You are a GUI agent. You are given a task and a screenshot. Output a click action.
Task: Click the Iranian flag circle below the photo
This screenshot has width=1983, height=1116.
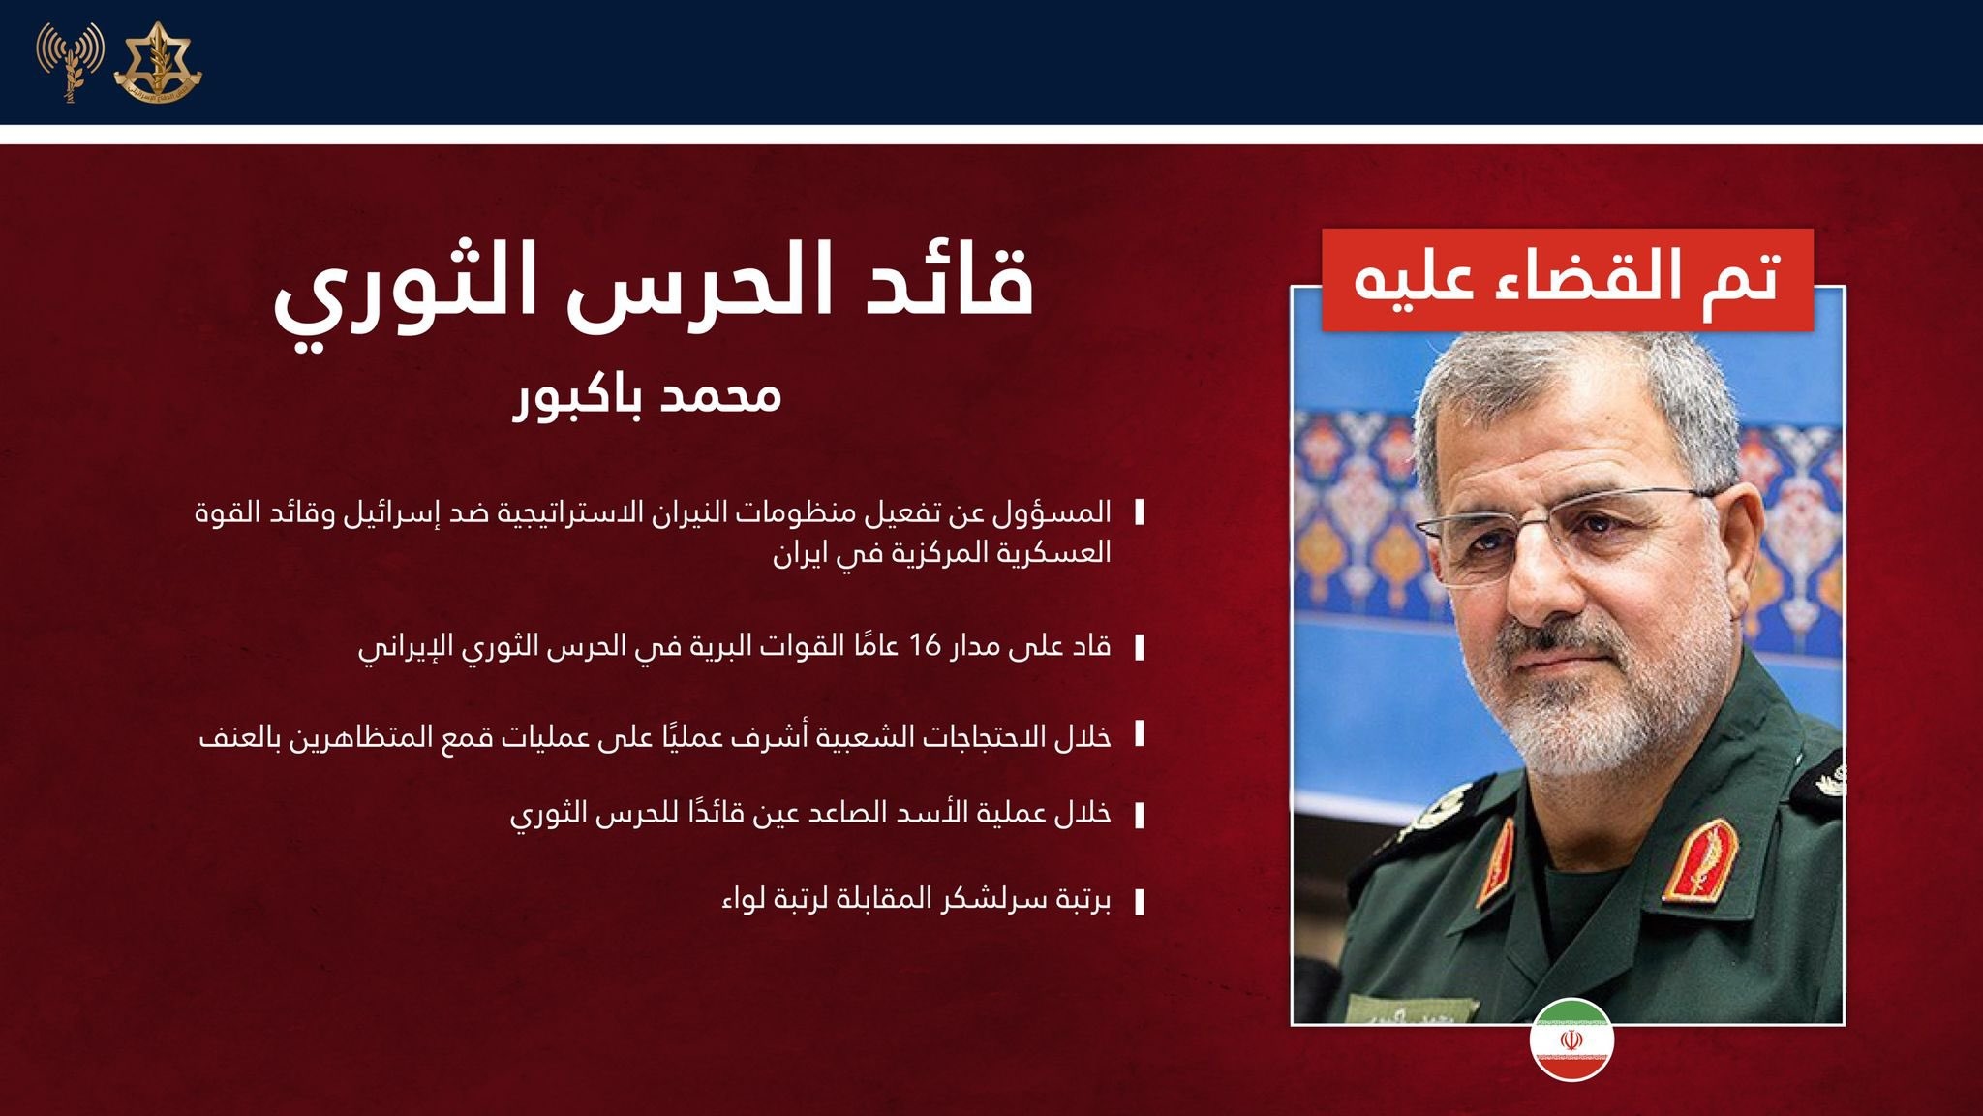1571,1040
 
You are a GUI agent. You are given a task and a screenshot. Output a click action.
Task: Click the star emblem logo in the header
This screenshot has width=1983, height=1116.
157,64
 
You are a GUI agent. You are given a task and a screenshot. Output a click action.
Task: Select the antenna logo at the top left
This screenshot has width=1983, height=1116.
70,62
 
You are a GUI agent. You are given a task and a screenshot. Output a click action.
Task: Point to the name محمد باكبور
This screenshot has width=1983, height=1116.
647,397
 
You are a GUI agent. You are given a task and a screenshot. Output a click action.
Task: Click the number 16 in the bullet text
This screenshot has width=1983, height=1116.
926,645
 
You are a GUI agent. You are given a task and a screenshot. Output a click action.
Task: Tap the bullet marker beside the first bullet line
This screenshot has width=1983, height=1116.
1139,512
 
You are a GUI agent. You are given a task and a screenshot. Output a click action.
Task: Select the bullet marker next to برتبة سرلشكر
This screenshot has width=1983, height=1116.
1139,902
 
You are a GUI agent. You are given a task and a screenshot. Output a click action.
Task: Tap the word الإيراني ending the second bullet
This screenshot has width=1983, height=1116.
397,646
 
